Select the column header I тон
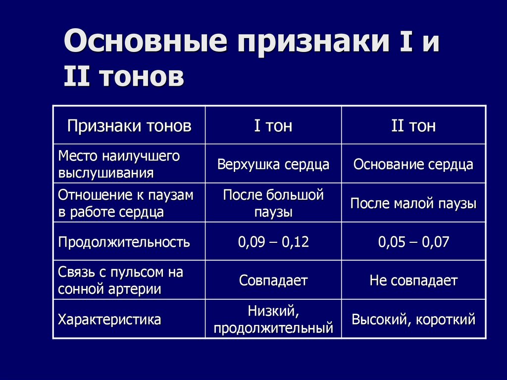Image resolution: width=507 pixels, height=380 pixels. [x=273, y=126]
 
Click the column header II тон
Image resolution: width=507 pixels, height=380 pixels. [x=413, y=126]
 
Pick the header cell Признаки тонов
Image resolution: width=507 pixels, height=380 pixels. [x=129, y=126]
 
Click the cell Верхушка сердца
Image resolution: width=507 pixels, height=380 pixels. [x=273, y=164]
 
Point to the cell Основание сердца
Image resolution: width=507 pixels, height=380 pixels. [x=413, y=164]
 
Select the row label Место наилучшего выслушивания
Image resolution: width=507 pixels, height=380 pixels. [x=119, y=164]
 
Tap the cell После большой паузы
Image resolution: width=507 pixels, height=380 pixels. [x=273, y=203]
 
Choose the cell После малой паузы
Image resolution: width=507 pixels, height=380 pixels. [x=413, y=204]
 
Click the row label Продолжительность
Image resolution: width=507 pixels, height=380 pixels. [x=124, y=242]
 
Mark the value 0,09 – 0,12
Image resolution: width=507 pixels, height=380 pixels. [x=273, y=242]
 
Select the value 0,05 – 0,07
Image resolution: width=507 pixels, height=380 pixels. [x=413, y=242]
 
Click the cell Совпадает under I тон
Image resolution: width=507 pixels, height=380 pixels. [x=273, y=281]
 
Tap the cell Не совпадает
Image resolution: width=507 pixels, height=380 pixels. [x=413, y=281]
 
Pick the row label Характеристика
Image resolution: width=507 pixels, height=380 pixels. [x=109, y=320]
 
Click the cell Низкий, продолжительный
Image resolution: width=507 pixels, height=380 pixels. [x=273, y=320]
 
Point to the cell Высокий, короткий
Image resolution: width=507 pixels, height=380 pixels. [x=413, y=320]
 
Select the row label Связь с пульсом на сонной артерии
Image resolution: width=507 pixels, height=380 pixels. [x=120, y=281]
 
